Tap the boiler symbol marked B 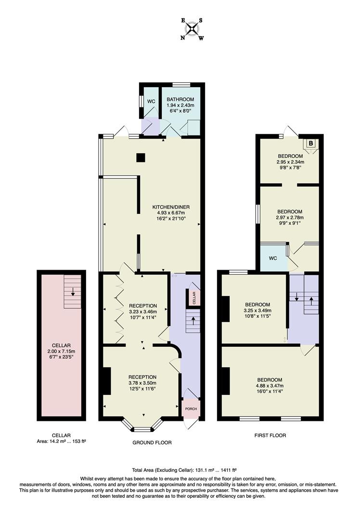310,143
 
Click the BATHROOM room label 180,100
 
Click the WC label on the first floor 273,258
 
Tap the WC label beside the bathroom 151,102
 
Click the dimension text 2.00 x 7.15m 62,351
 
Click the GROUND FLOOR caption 152,442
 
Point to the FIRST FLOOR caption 270,435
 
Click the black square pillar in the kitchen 140,157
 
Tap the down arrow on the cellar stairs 73,291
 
